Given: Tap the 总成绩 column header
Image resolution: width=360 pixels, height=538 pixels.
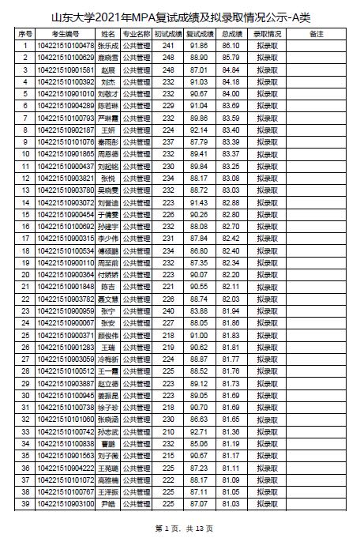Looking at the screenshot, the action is [231, 35].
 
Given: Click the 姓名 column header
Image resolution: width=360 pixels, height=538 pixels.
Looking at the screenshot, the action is [108, 35].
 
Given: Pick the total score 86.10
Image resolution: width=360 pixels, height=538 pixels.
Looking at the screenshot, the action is [231, 47].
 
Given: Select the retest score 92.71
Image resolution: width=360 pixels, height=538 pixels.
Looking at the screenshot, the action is [200, 432].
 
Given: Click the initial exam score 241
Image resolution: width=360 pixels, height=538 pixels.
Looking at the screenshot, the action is [167, 47].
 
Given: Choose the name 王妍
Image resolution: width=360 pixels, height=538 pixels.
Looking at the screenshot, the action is [108, 129].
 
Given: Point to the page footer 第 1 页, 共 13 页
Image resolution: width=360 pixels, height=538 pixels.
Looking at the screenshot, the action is [179, 528].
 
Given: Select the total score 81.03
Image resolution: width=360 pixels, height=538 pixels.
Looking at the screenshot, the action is [231, 503].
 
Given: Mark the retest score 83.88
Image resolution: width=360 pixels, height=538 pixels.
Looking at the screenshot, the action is [200, 310].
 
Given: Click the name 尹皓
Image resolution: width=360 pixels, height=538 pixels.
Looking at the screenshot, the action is [108, 503].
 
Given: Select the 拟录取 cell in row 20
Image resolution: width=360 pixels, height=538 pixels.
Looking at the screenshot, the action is [268, 274].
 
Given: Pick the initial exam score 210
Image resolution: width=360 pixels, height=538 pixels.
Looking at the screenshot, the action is [167, 432].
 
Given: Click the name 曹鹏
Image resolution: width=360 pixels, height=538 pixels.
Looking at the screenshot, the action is [108, 444].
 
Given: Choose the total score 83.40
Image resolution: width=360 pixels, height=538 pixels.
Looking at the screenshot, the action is [231, 129].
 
